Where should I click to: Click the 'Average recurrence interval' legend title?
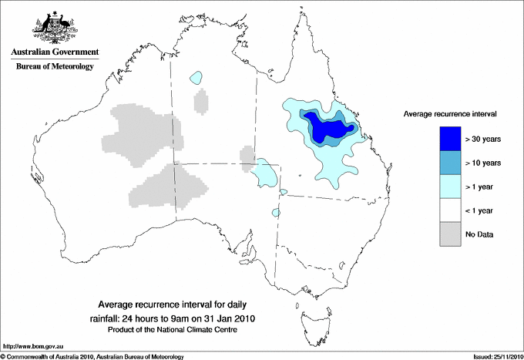[x=449, y=113]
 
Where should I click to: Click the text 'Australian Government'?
[x=52, y=52]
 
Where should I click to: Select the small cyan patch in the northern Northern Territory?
[x=196, y=78]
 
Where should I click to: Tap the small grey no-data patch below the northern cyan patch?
[x=201, y=100]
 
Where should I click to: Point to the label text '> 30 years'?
[x=482, y=140]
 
